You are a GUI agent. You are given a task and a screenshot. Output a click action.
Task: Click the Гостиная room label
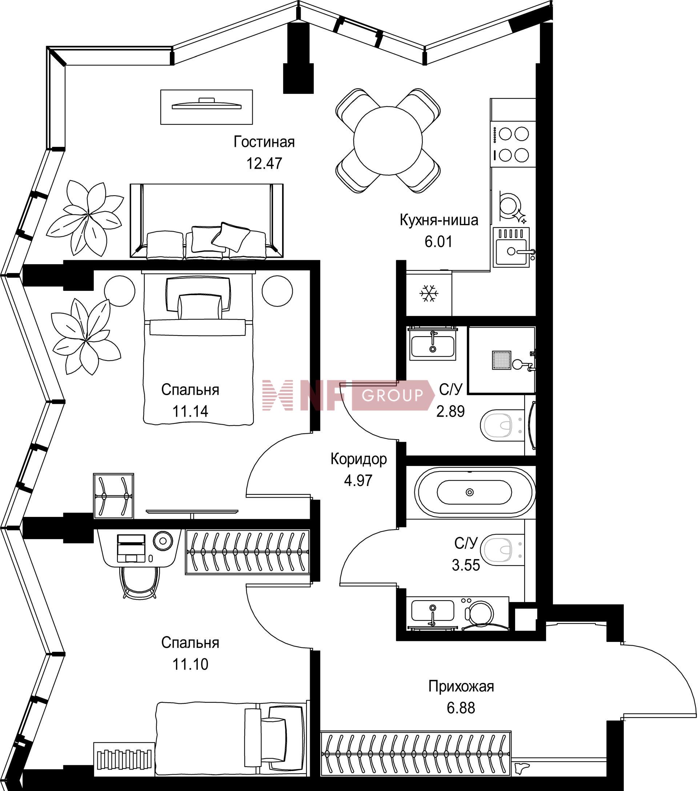pyautogui.click(x=264, y=142)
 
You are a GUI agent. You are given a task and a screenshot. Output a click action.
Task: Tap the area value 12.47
pyautogui.click(x=265, y=163)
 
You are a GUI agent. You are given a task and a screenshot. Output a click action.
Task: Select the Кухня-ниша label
pyautogui.click(x=439, y=220)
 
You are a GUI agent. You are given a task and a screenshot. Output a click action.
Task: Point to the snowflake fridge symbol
pyautogui.click(x=429, y=294)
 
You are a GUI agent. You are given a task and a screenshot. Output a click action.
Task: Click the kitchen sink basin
pyautogui.click(x=512, y=252)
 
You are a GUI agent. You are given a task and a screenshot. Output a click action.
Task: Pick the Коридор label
pyautogui.click(x=359, y=459)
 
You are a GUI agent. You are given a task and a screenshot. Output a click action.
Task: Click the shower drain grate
pyautogui.click(x=501, y=360)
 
